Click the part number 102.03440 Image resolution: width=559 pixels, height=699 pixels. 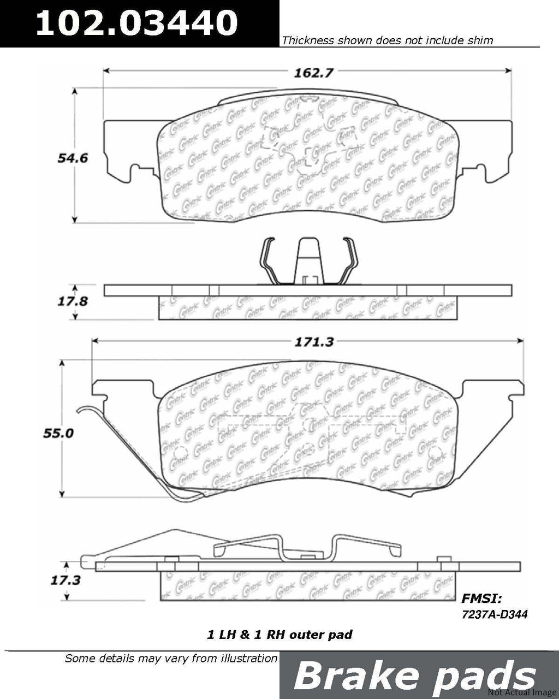(x=136, y=23)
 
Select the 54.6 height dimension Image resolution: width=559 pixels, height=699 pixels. (x=73, y=158)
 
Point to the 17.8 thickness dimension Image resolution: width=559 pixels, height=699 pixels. (x=72, y=300)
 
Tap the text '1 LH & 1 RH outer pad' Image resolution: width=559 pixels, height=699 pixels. (x=279, y=635)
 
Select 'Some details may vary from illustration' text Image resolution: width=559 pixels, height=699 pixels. (x=171, y=658)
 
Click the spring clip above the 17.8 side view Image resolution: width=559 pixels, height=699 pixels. (x=308, y=262)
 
